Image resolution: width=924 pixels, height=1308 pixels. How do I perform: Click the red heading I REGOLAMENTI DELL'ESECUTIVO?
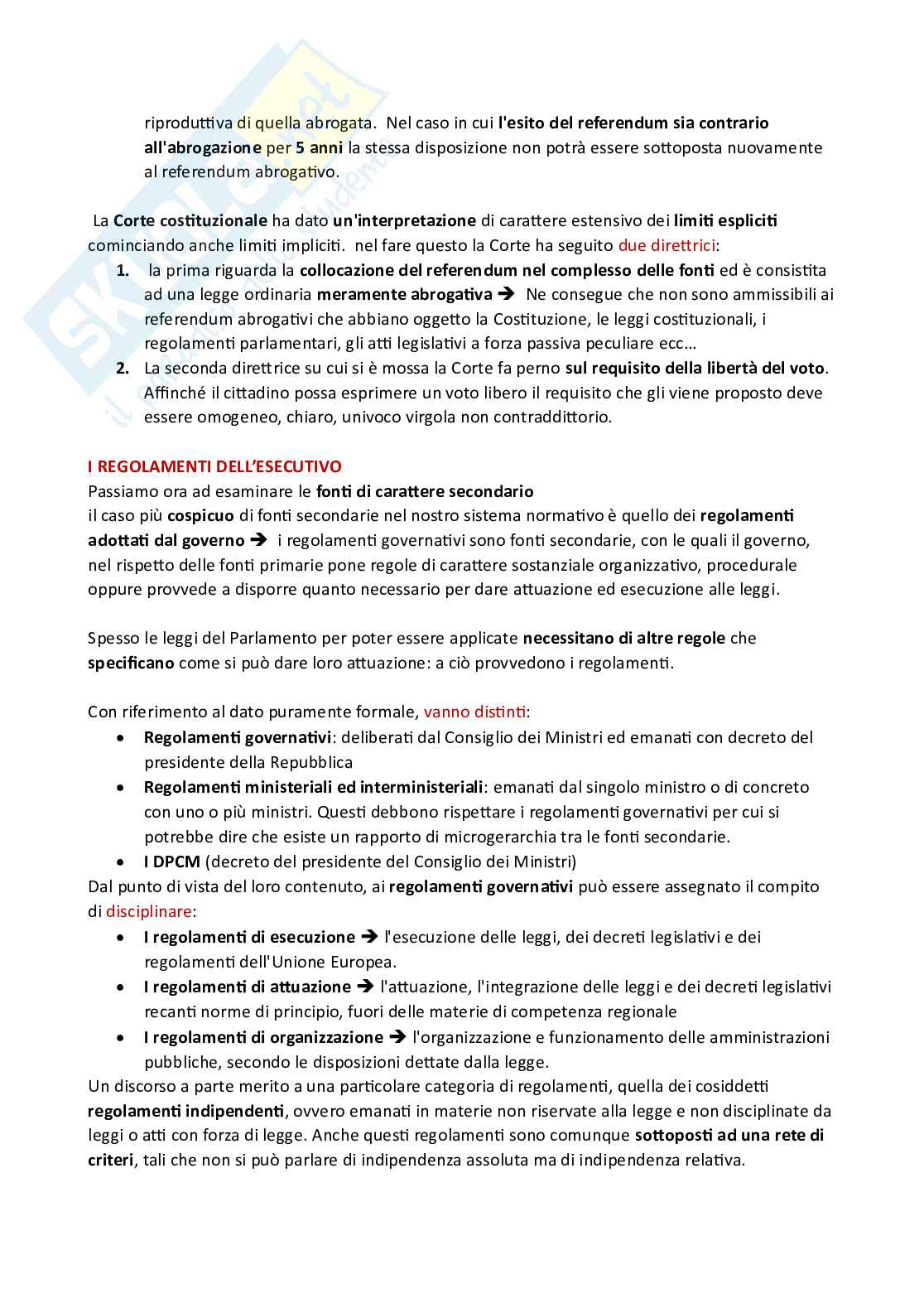coord(214,466)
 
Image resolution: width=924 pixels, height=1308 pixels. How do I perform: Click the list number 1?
coord(123,270)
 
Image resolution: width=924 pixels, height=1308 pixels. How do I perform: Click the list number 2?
coord(123,367)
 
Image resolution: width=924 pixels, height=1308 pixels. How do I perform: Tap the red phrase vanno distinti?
coord(475,712)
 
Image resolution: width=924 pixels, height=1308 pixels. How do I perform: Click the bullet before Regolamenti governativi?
coord(122,737)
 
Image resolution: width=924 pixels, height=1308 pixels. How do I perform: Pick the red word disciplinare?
coord(149,911)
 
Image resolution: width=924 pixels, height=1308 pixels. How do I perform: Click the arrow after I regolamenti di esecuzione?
coord(369,937)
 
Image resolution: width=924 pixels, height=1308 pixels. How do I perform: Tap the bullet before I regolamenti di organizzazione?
coord(122,1037)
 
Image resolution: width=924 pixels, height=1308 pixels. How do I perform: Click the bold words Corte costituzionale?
coord(190,220)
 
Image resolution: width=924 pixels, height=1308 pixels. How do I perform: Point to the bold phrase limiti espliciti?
coord(725,220)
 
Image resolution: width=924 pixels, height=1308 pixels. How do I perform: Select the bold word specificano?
coord(131,664)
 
